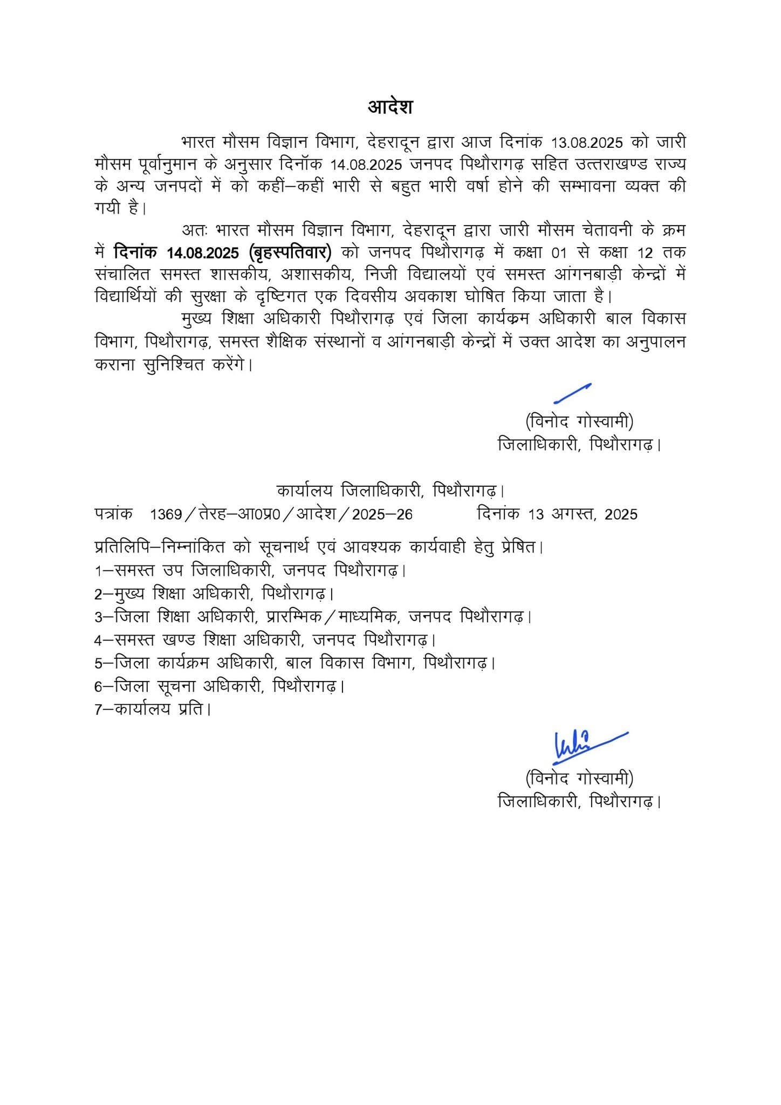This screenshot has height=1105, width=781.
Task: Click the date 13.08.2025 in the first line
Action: click(587, 143)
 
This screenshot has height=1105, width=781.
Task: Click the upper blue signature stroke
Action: click(572, 393)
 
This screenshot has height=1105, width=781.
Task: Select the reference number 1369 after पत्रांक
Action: click(166, 514)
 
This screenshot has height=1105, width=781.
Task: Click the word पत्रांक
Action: click(113, 514)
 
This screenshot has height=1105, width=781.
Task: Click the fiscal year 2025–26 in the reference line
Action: click(382, 514)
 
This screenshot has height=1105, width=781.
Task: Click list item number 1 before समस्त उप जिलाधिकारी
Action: click(98, 570)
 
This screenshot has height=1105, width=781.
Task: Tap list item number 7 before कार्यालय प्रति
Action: click(98, 709)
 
